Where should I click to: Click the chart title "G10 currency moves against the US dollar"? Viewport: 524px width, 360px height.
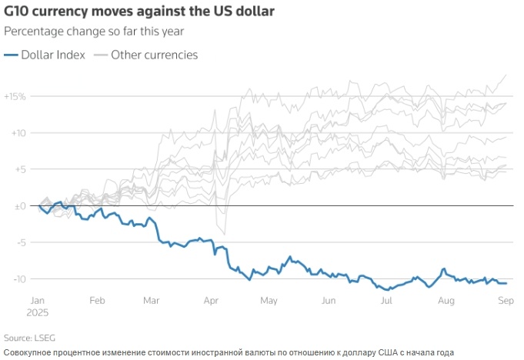coord(137,12)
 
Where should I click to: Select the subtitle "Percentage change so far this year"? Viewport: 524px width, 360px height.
coord(94,32)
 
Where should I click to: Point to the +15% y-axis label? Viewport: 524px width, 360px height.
coord(15,97)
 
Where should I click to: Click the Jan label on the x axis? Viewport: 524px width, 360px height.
coord(38,300)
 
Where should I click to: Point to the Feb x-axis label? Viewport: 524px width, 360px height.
coord(96,300)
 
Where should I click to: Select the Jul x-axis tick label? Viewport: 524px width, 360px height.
coord(386,300)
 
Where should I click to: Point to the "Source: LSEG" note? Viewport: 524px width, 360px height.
coord(29,338)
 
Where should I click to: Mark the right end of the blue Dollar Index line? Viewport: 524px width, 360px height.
coord(506,283)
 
